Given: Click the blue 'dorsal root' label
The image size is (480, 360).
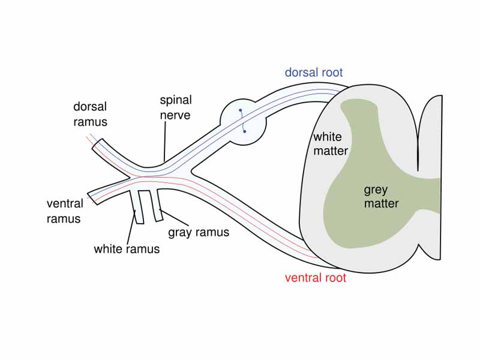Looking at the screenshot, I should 313,73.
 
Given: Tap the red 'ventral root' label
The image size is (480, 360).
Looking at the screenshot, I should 315,278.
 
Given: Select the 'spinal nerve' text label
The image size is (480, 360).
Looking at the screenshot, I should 175,106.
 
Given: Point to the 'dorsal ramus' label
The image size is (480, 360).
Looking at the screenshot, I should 90,114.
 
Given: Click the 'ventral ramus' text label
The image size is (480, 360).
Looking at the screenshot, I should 64,211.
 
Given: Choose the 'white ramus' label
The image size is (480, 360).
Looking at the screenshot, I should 127,248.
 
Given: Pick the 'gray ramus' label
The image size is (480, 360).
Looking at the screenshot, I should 198,232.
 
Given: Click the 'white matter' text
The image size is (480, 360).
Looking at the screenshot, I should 330,144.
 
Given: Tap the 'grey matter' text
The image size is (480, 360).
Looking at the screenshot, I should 381,197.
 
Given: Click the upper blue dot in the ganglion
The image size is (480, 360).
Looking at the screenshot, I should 240,110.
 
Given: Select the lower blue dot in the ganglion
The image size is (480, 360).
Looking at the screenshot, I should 245,131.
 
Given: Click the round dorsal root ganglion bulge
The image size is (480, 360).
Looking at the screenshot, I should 243,120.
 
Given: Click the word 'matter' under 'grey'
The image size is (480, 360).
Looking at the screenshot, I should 381,203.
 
